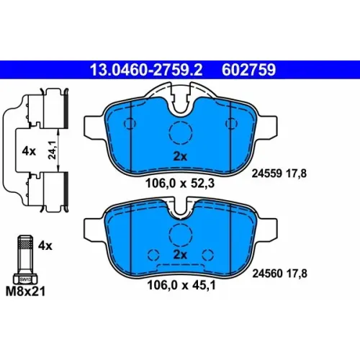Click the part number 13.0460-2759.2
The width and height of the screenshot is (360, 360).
tap(146, 70)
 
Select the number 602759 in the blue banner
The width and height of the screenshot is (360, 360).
tap(248, 70)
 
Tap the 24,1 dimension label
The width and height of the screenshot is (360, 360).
tap(52, 150)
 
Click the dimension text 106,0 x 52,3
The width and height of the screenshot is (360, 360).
tap(180, 184)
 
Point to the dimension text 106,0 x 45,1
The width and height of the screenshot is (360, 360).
tap(181, 285)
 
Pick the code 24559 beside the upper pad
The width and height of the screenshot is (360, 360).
tap(266, 174)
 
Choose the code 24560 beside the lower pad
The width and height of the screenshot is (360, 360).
tap(267, 274)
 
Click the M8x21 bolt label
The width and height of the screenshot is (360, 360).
tap(25, 292)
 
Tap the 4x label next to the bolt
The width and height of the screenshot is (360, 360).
tap(45, 246)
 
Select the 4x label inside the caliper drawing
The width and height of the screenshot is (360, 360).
tap(29, 151)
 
